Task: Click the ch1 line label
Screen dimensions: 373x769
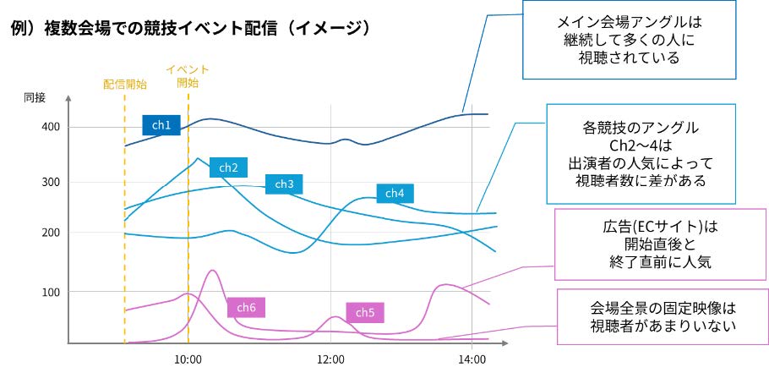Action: pyautogui.click(x=161, y=125)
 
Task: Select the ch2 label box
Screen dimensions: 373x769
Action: pyautogui.click(x=228, y=167)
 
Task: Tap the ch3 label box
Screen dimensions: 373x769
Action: pyautogui.click(x=284, y=184)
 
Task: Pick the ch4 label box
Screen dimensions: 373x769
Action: pyautogui.click(x=395, y=194)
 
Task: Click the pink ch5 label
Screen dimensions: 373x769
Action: pyautogui.click(x=364, y=312)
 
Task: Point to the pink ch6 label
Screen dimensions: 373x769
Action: pyautogui.click(x=246, y=307)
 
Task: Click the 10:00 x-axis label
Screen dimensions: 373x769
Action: pyautogui.click(x=188, y=359)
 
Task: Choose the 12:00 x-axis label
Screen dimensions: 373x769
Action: pyautogui.click(x=330, y=359)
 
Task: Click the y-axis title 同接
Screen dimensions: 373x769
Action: pyautogui.click(x=35, y=97)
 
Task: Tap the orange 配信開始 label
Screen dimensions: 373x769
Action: pyautogui.click(x=124, y=84)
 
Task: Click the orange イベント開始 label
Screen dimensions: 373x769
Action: pyautogui.click(x=188, y=76)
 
